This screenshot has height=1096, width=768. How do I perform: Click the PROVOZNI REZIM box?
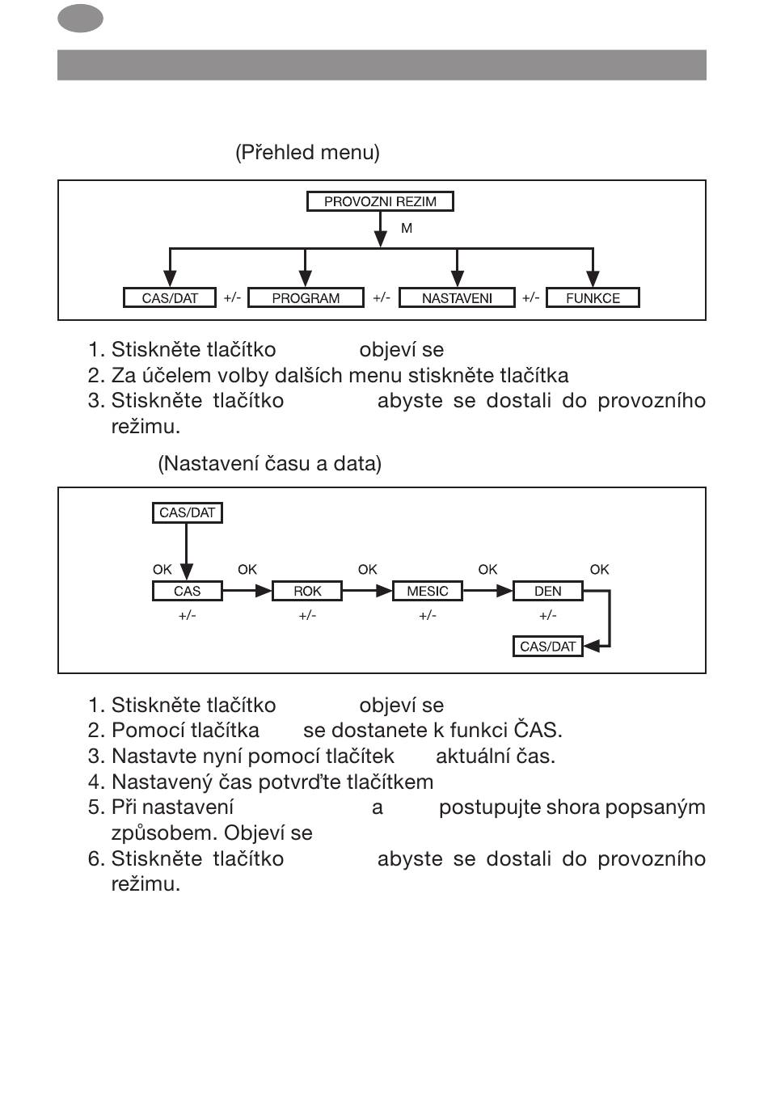point(380,201)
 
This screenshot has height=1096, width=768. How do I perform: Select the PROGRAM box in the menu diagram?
point(306,298)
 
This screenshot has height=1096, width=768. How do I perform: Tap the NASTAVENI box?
point(457,298)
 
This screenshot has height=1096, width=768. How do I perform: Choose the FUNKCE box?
point(593,298)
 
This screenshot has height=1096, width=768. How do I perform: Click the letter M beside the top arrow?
point(407,229)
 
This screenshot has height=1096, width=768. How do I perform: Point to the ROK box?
point(307,591)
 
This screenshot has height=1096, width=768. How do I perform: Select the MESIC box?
point(427,591)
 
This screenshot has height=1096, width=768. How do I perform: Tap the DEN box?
point(547,591)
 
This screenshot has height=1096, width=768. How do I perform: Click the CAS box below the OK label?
point(187,591)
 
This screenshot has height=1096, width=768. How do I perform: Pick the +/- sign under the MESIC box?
point(427,616)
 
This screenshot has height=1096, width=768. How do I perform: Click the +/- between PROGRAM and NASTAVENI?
point(381,297)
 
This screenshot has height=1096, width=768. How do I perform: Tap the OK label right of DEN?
point(599,570)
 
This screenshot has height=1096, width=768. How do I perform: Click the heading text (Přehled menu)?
point(307,152)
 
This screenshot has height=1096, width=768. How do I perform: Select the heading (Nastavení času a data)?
point(269,464)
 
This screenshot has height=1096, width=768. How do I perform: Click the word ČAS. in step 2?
point(538,731)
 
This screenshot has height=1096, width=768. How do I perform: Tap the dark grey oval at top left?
point(80,19)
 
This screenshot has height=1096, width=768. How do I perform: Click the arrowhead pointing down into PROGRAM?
point(305,279)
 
